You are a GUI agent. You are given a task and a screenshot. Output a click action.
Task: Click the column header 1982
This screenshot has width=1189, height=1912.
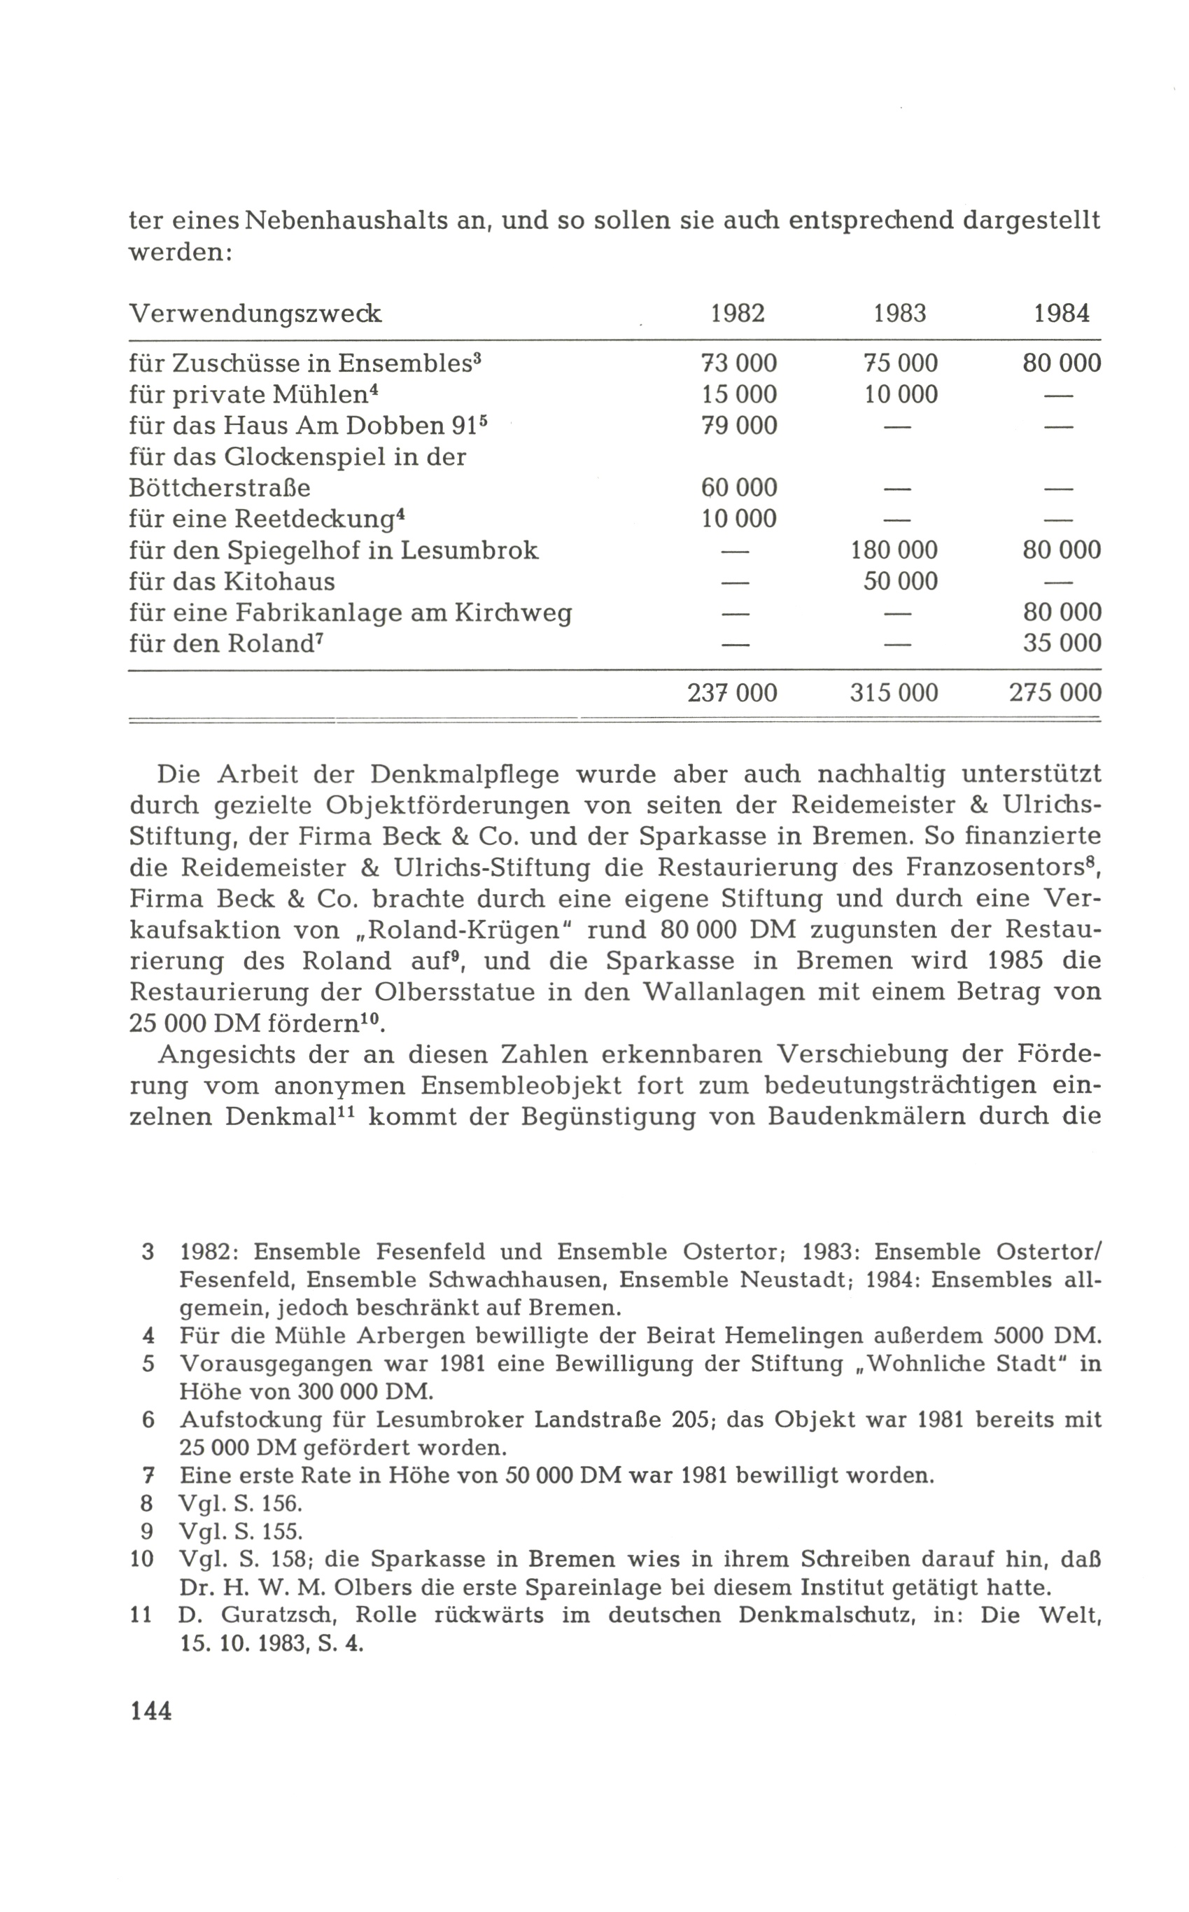[738, 314]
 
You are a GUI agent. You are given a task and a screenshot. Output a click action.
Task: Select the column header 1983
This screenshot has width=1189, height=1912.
[899, 314]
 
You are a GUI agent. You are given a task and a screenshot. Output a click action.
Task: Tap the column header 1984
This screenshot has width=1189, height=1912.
[1062, 314]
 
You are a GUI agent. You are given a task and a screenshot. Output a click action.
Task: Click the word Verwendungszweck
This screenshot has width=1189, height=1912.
[255, 314]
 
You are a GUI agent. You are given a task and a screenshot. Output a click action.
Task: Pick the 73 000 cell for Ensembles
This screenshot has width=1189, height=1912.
[738, 363]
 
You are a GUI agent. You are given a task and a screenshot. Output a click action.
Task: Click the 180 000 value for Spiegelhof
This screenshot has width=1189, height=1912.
[894, 550]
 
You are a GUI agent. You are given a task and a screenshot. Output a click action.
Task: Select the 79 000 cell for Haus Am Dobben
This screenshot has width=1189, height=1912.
[738, 426]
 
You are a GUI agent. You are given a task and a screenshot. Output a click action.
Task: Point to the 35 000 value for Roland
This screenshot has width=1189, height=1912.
[1062, 644]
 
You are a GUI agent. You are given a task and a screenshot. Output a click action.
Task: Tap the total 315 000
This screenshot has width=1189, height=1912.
[894, 693]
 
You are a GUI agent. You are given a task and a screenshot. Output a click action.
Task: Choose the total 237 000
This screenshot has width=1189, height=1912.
[732, 693]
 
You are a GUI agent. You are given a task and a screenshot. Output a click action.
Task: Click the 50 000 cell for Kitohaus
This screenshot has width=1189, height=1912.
[899, 582]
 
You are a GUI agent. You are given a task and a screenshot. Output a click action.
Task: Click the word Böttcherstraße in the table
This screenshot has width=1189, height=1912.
[220, 489]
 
